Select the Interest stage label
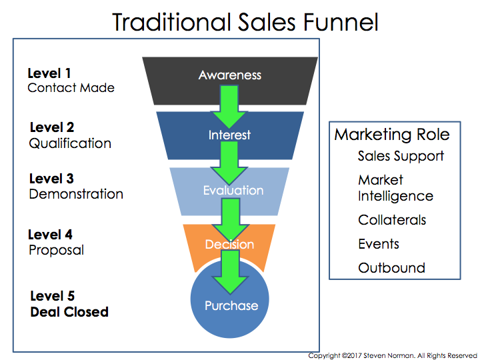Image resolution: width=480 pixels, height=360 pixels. (229, 135)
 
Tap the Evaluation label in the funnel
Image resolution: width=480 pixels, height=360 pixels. (233, 190)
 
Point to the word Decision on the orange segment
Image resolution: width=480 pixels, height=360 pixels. (229, 245)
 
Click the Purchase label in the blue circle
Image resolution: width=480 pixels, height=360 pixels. (231, 306)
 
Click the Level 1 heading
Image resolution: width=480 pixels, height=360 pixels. (49, 73)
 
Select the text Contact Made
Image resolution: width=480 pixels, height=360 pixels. (71, 88)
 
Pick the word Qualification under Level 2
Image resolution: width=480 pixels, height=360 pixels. (70, 143)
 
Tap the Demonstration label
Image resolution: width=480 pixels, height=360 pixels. (76, 195)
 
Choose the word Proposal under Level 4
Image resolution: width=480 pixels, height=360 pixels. (56, 251)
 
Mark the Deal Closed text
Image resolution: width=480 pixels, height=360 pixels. (69, 311)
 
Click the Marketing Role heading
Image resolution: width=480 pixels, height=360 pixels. (392, 135)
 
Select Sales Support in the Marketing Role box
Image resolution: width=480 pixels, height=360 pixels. (401, 156)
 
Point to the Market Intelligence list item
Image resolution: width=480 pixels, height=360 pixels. (395, 188)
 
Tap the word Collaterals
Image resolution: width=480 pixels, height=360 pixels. (392, 220)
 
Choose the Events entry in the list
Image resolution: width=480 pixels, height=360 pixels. (379, 244)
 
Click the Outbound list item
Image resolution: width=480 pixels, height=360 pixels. (391, 268)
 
